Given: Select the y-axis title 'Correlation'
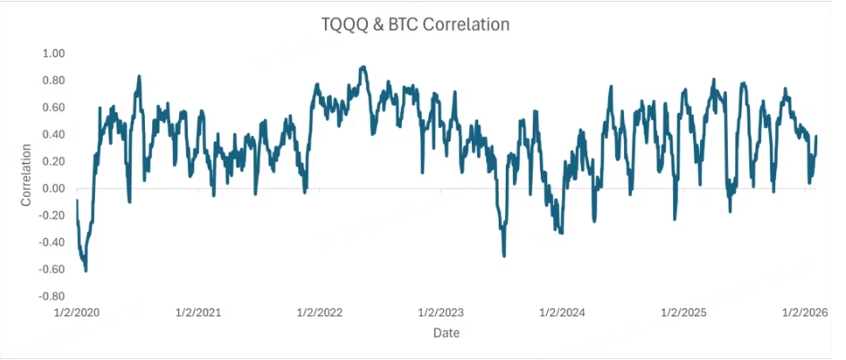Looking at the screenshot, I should click(26, 175).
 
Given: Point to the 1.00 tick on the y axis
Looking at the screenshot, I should click(54, 54).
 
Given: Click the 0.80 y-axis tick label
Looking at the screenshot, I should click(54, 81).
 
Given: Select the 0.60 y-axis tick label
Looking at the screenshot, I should click(54, 107).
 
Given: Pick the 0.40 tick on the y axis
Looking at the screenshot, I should click(54, 134).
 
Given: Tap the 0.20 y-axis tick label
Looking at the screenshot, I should click(54, 161).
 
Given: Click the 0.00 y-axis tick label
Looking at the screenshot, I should click(54, 188).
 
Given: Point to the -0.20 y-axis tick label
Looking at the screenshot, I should click(52, 215).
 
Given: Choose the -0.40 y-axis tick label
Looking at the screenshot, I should click(52, 242).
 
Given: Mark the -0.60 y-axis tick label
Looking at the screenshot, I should click(52, 269).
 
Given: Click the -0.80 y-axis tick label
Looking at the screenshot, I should click(52, 296).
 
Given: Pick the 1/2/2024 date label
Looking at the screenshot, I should click(561, 313).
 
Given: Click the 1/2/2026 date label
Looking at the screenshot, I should click(804, 313).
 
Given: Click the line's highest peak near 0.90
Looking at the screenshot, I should click(363, 67).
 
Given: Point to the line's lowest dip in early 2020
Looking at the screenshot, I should click(86, 270).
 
